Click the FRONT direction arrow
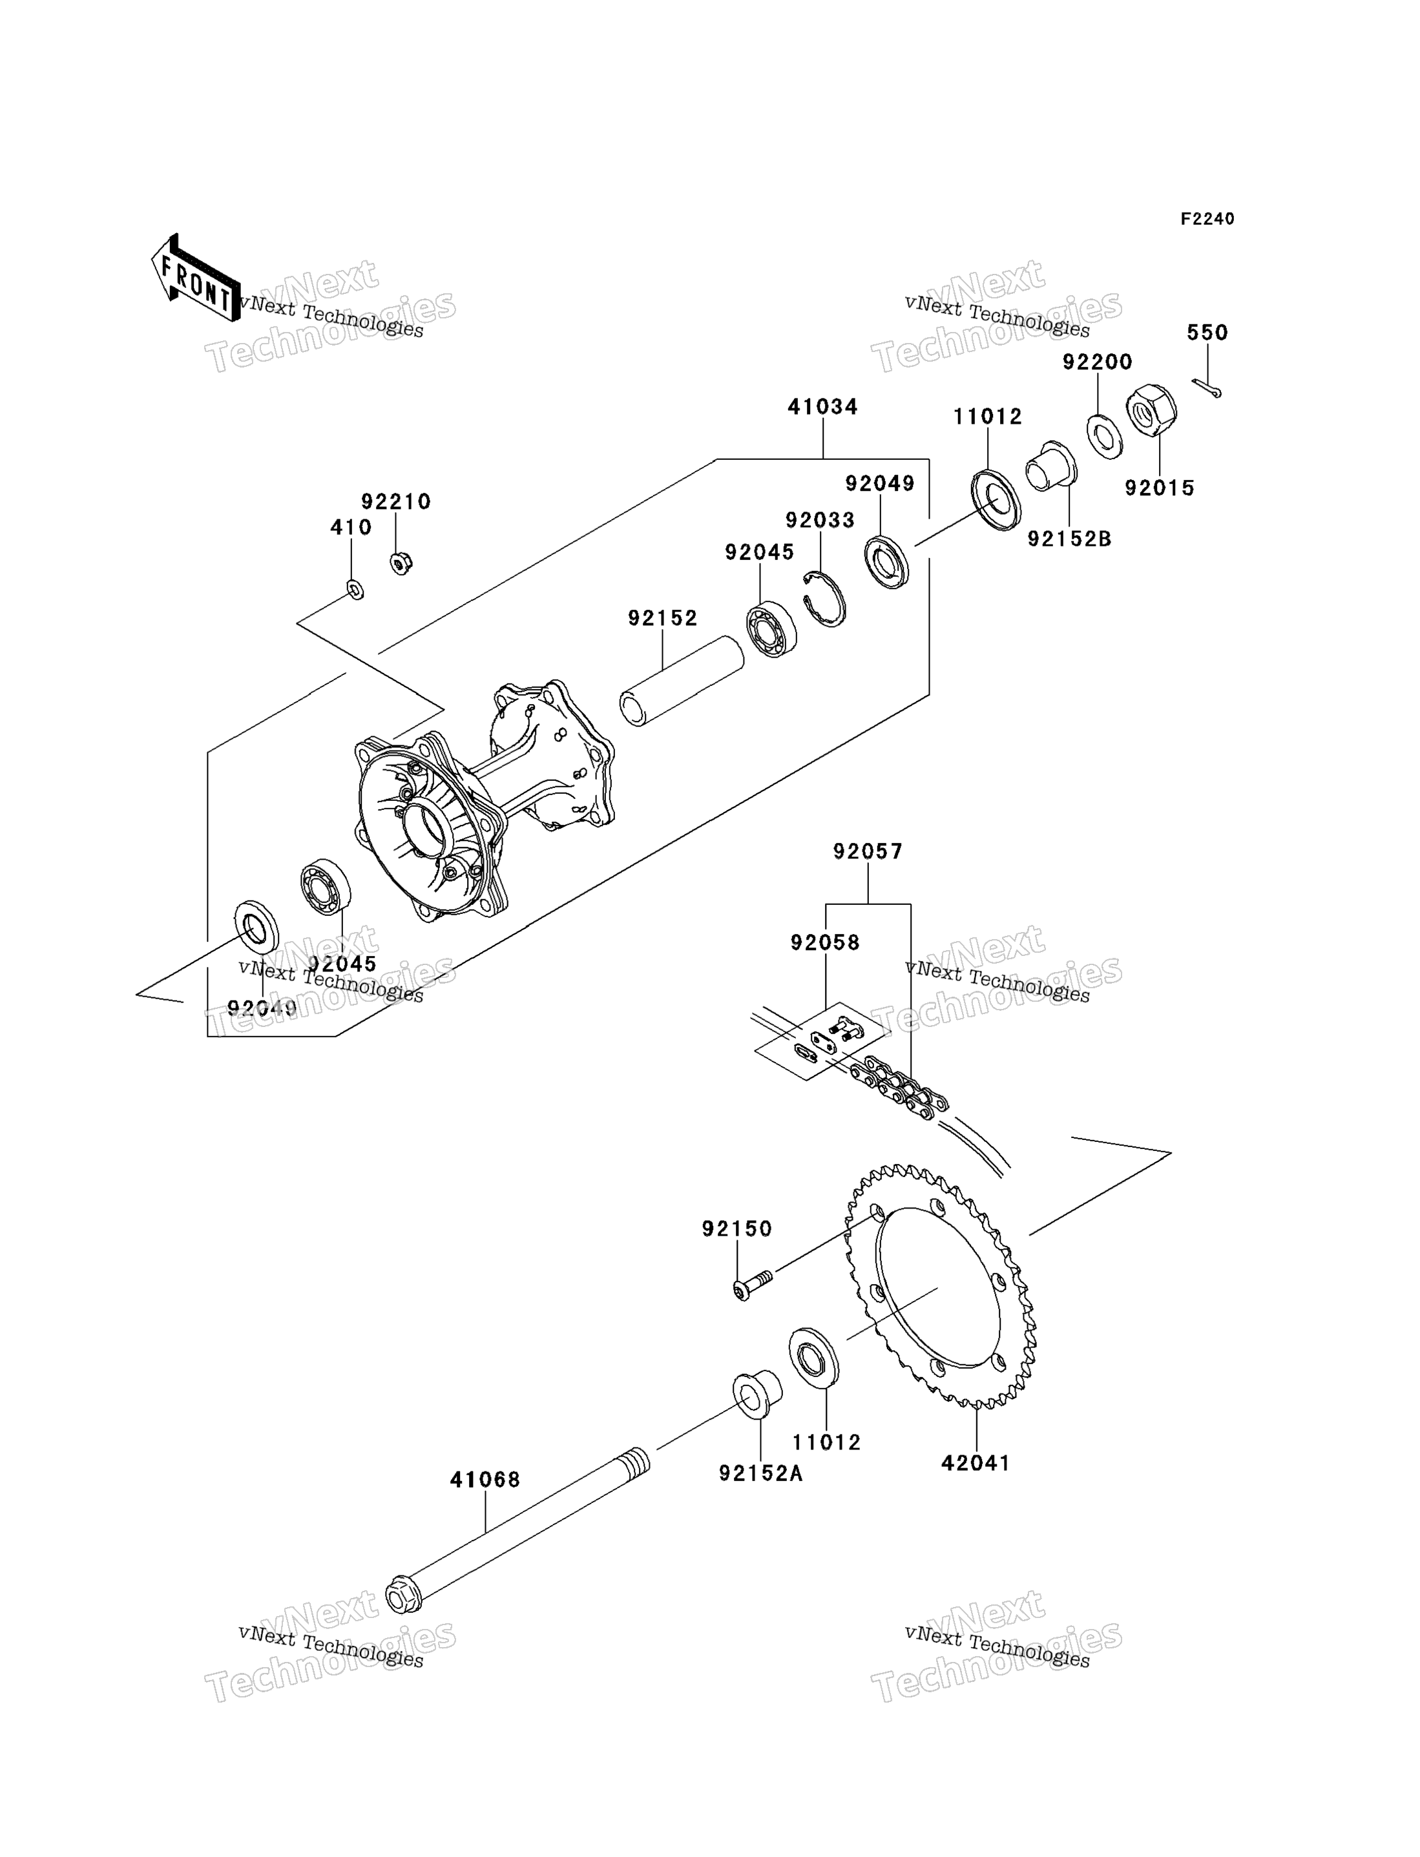[194, 278]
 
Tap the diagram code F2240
[1207, 219]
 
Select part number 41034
[822, 406]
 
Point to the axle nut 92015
[1151, 411]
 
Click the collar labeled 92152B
[1050, 466]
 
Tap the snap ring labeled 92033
[824, 599]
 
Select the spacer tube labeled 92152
[682, 681]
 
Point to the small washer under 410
[356, 589]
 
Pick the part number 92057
[868, 851]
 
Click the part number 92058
[825, 942]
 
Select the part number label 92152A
[761, 1473]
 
